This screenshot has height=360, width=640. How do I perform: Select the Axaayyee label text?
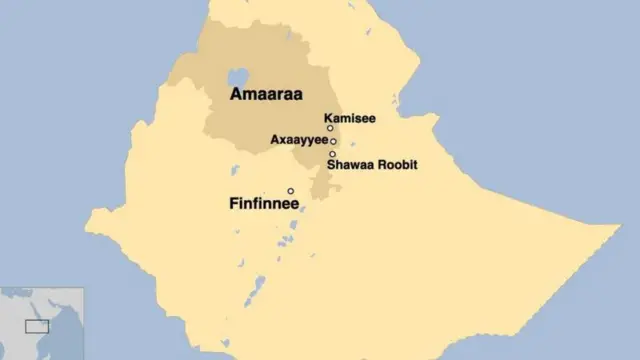pos(299,141)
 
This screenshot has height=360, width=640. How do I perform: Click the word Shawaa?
pos(350,165)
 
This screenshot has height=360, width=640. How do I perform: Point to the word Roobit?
pos(397,165)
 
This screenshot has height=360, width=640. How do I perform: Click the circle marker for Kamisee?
pos(330,128)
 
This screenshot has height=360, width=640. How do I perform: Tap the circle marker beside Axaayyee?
pos(333,141)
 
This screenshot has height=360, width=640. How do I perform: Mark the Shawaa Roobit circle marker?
pos(332,154)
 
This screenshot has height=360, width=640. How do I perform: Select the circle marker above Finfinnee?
pos(291,191)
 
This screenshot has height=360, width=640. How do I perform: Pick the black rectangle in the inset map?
pos(37,326)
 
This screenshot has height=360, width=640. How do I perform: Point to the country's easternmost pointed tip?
pos(617,229)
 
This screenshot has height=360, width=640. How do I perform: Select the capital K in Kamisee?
pos(329,116)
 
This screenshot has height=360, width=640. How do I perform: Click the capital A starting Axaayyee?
pos(275,141)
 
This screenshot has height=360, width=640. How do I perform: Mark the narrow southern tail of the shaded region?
pos(321,185)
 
